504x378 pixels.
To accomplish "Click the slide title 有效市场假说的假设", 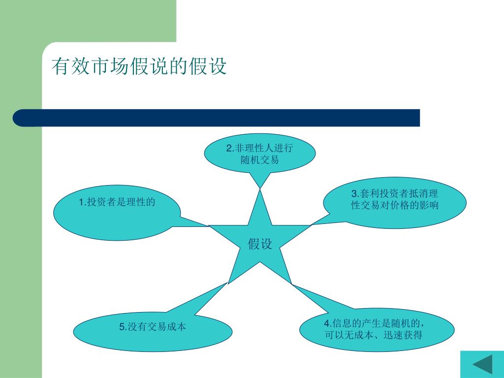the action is click(139, 66).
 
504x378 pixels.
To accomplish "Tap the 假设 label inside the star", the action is click(260, 244).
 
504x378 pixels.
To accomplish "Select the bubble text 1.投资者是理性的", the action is click(117, 202).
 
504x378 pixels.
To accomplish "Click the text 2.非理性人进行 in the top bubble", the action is click(259, 148).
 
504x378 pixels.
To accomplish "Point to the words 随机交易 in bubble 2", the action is click(259, 159).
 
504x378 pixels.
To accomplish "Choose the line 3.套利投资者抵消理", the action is click(394, 194).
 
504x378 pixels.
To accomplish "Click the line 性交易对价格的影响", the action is click(394, 205).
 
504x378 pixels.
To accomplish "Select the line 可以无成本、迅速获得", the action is click(374, 335).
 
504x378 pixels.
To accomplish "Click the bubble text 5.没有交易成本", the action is click(153, 327).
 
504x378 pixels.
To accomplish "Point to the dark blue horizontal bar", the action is click(217, 118).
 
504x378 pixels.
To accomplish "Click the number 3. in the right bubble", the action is click(354, 194).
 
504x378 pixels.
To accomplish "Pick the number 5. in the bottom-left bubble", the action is click(123, 327).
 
